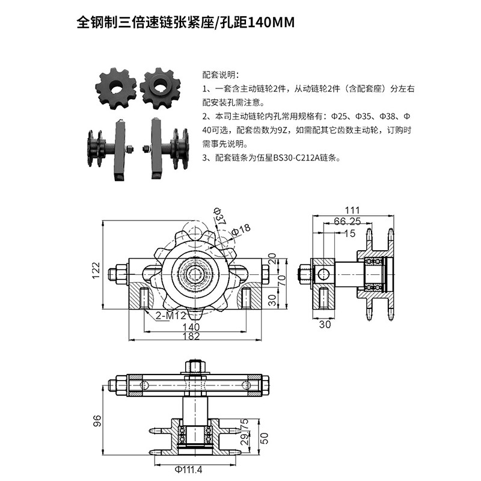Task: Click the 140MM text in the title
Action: [x=271, y=22]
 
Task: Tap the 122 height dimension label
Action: [x=96, y=270]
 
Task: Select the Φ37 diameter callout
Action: [x=219, y=216]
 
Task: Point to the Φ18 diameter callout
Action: [x=241, y=230]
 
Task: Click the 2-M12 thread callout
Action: [x=171, y=315]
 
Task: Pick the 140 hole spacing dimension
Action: [x=191, y=326]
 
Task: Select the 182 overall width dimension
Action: [x=191, y=336]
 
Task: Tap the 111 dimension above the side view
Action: [x=352, y=210]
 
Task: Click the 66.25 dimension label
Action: [x=347, y=221]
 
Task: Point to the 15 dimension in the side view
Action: [x=350, y=233]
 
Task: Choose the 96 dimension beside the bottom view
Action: [x=97, y=421]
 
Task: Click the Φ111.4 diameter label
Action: [x=188, y=470]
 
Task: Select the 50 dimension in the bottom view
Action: [x=264, y=438]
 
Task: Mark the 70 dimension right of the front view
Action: [x=281, y=280]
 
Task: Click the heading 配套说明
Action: [x=220, y=75]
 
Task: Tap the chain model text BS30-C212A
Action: [x=296, y=158]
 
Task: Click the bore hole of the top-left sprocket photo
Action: [x=116, y=88]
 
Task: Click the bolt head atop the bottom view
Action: [x=195, y=366]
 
